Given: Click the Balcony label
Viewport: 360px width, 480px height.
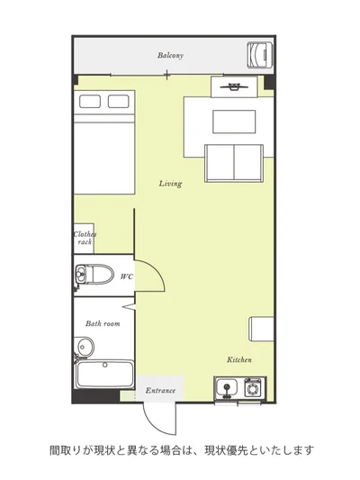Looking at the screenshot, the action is (170, 56).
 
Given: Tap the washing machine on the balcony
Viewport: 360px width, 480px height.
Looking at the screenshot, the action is (259, 55).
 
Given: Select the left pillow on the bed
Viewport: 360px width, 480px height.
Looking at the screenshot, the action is (90, 102).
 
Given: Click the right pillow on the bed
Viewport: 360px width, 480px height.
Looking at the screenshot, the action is (119, 102).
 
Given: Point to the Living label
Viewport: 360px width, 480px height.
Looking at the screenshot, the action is (170, 184).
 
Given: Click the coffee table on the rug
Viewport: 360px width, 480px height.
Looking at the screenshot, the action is (234, 122).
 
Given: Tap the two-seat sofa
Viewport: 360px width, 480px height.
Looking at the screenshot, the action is (234, 164).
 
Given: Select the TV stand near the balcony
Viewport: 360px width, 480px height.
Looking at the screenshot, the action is (234, 87).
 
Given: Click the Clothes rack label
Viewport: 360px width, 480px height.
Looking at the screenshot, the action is (85, 238).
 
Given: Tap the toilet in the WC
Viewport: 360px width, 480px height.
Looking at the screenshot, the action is (94, 275).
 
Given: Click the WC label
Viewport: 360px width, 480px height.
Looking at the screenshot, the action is (127, 276).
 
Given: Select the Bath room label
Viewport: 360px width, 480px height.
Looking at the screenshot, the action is (103, 323).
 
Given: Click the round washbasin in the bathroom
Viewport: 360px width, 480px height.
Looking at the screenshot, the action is (84, 347).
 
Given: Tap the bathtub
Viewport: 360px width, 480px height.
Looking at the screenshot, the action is (104, 375).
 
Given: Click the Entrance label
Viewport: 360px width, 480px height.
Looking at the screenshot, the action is (160, 390).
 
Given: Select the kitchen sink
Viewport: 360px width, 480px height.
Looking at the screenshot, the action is (227, 387).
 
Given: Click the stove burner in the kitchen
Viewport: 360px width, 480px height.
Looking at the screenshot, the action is (253, 388).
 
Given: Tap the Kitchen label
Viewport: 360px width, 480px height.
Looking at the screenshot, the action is (239, 359).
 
